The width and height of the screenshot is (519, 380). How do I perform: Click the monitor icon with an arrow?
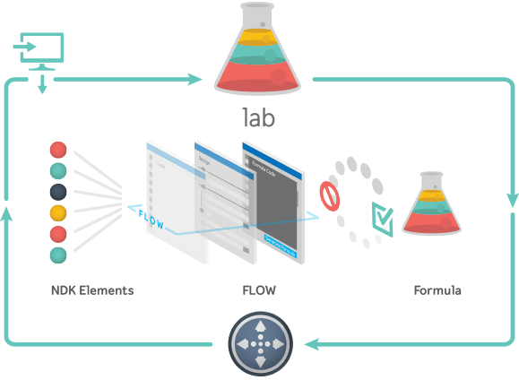(39, 47)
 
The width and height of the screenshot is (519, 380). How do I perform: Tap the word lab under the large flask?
(258, 117)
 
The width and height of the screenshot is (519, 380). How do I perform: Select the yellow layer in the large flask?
(257, 38)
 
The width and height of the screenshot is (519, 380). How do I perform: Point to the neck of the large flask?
(257, 15)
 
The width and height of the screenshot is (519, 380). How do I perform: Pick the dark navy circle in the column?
(58, 192)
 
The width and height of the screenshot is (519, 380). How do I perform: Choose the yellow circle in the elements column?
(58, 213)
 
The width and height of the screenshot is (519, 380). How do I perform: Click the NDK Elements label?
(92, 290)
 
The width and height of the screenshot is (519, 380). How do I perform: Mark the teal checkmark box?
(382, 219)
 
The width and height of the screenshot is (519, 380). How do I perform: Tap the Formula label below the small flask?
(437, 290)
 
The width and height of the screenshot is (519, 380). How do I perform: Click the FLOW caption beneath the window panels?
(258, 290)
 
